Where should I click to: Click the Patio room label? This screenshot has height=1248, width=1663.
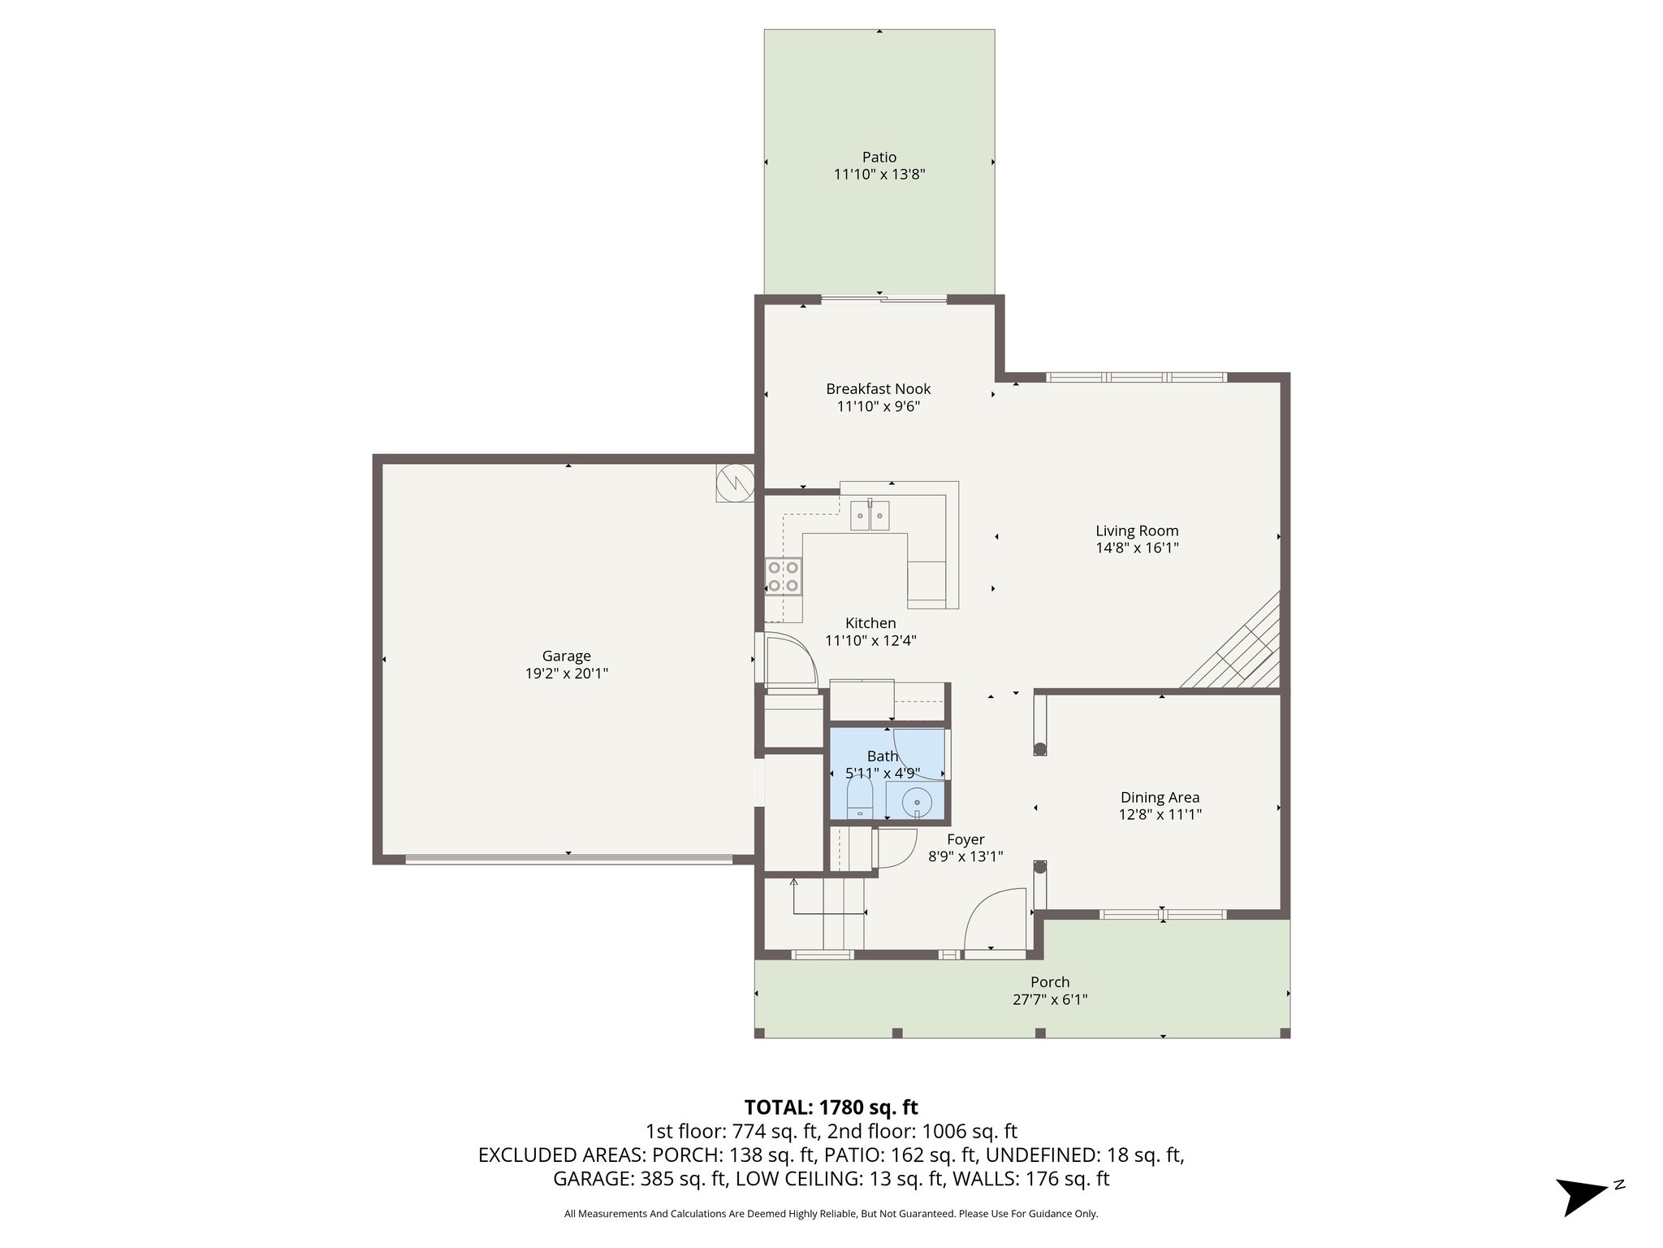(879, 157)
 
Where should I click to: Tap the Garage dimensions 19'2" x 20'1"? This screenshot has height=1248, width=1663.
(566, 674)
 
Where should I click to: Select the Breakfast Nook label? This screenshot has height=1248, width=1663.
(878, 389)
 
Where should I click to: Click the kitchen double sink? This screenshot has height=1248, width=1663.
(870, 516)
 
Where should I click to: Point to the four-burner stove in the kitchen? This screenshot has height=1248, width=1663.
(784, 576)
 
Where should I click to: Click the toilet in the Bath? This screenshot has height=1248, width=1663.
(859, 801)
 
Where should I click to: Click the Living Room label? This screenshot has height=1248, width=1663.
(1136, 531)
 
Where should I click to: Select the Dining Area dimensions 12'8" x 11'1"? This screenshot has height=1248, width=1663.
(1160, 815)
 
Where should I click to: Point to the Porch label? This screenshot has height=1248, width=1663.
(1050, 982)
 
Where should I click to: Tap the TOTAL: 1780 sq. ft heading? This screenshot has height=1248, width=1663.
(831, 1107)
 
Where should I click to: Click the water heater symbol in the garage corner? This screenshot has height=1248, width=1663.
(735, 483)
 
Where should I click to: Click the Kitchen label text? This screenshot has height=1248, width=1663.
(870, 623)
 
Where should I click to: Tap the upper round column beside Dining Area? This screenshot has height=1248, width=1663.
(1039, 750)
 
